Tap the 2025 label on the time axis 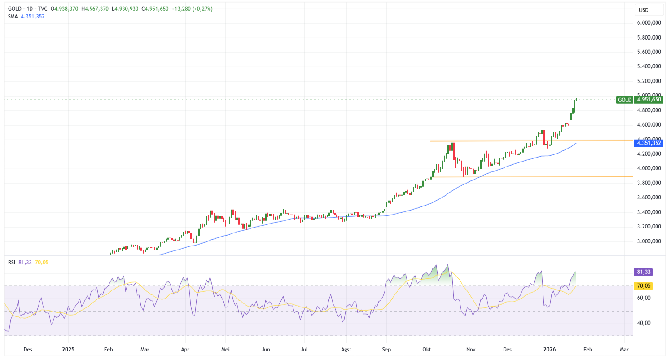coord(68,349)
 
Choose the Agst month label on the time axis coord(346,349)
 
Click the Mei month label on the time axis coord(226,349)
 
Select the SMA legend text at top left coord(13,16)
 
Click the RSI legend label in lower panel coord(12,262)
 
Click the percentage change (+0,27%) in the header coord(203,9)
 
